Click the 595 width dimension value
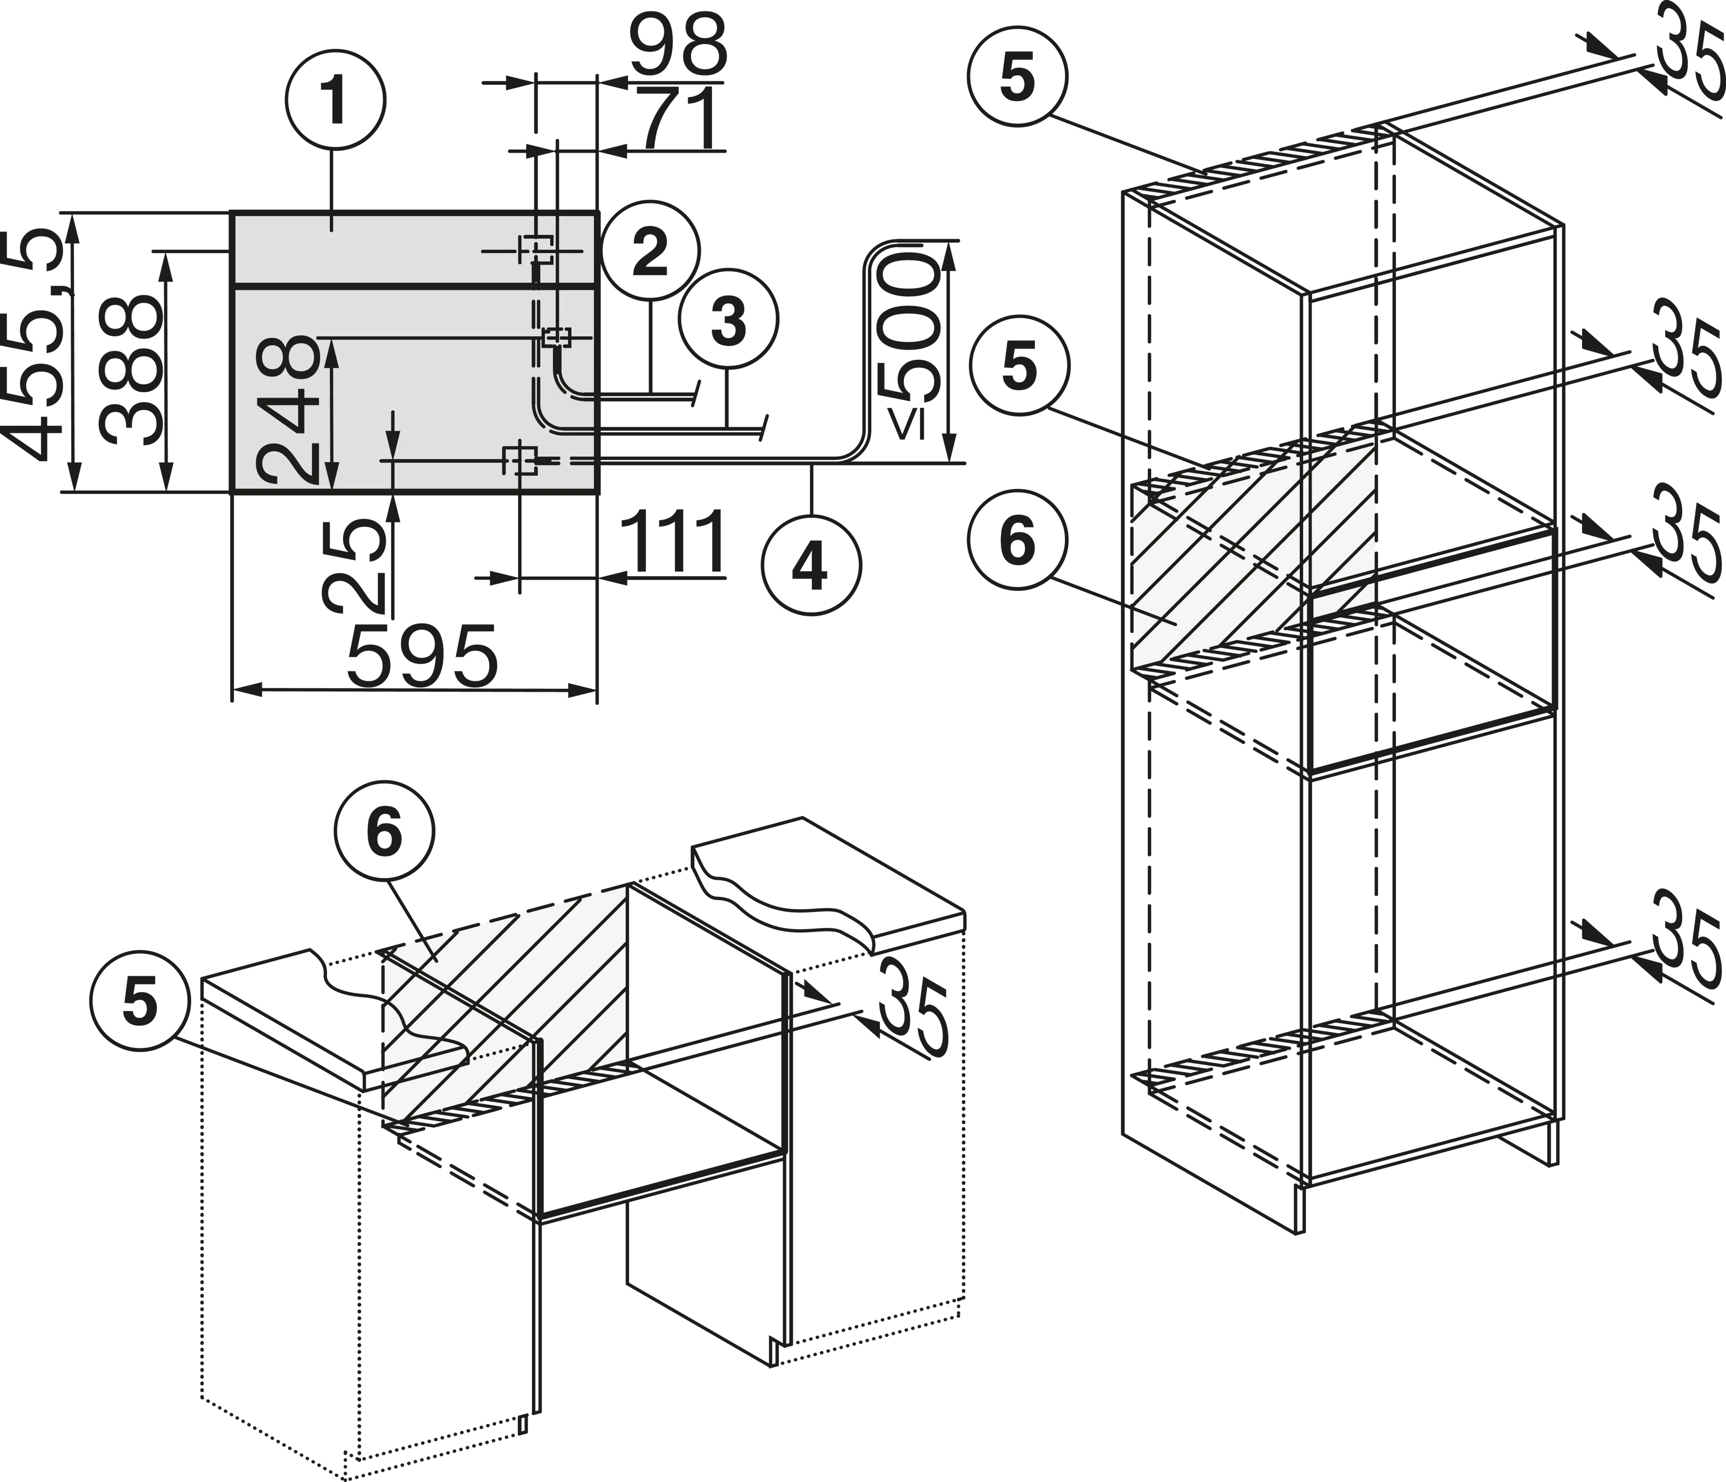pos(422,655)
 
